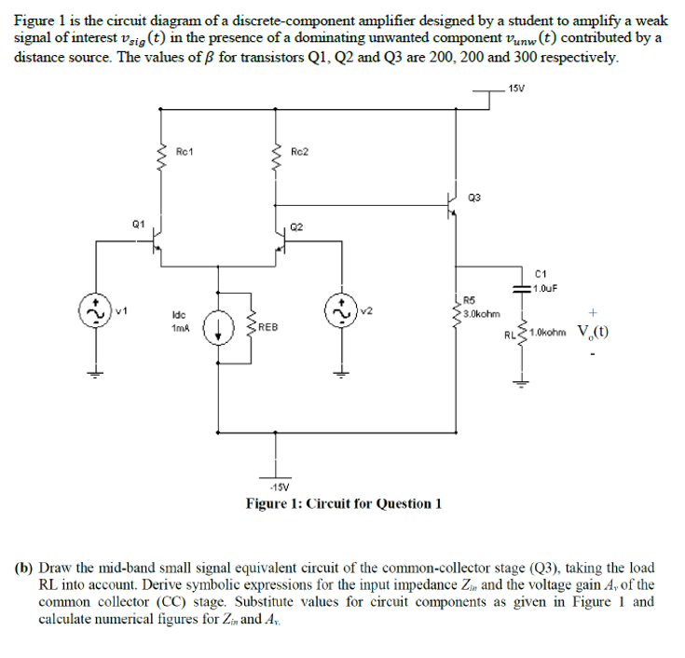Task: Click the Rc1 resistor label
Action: pyautogui.click(x=185, y=150)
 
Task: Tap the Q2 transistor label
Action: pyautogui.click(x=296, y=226)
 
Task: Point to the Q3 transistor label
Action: pyautogui.click(x=474, y=197)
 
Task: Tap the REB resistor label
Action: pyautogui.click(x=268, y=327)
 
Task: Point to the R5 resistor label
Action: pyautogui.click(x=470, y=300)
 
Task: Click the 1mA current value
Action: pyautogui.click(x=181, y=329)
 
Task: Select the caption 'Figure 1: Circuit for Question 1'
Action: pyautogui.click(x=342, y=503)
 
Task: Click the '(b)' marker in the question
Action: pyautogui.click(x=21, y=568)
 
